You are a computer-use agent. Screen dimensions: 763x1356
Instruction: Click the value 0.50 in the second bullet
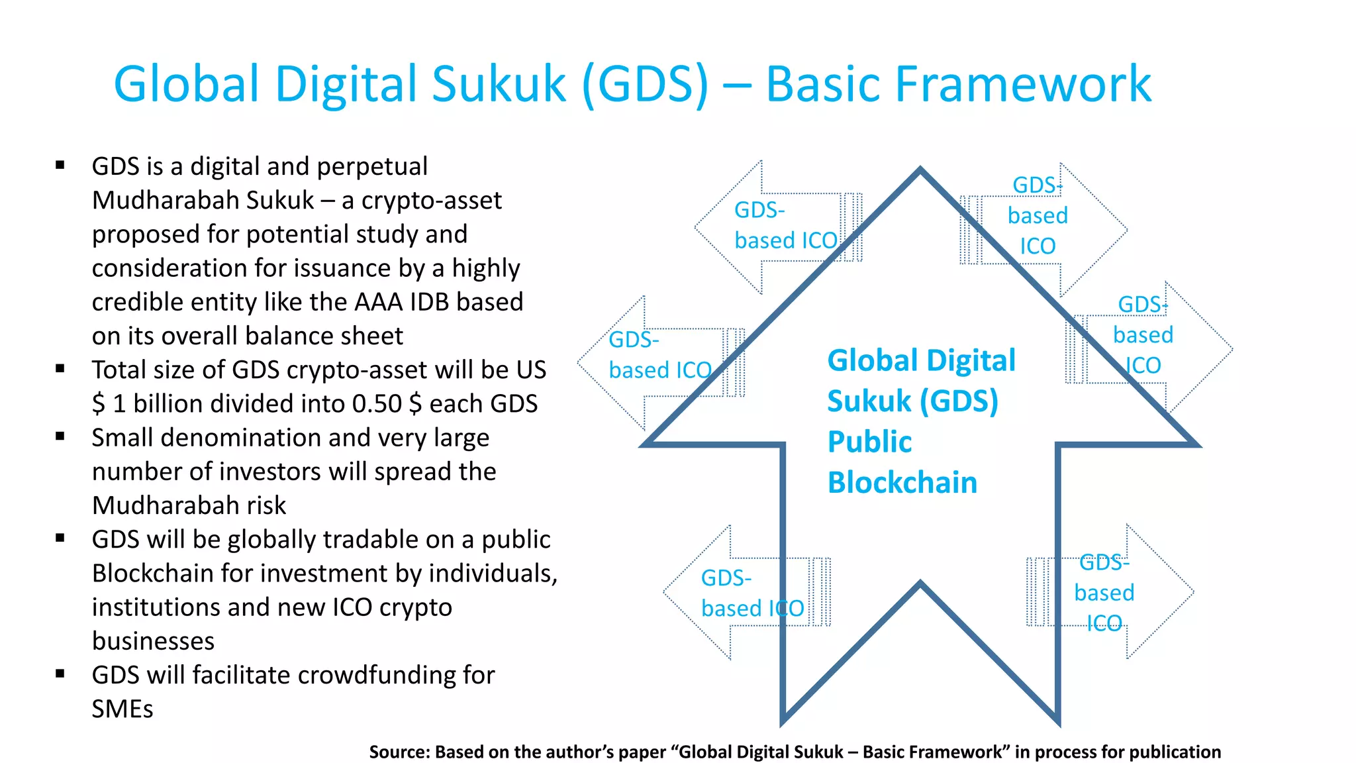(x=377, y=403)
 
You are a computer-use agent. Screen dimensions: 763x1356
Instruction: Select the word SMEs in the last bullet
(x=122, y=709)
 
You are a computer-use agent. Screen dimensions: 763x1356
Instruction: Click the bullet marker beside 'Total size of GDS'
(x=60, y=369)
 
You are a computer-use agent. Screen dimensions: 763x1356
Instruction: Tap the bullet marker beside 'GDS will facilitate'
(x=60, y=674)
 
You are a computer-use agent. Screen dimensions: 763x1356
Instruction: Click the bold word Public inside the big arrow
(x=869, y=442)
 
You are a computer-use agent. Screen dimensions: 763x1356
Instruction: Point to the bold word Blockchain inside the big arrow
(x=902, y=483)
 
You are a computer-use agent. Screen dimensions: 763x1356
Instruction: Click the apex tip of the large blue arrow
(x=920, y=170)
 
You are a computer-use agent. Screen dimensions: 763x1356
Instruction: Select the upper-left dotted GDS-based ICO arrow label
(x=785, y=226)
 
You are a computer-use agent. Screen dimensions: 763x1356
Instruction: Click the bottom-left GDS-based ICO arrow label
(x=752, y=593)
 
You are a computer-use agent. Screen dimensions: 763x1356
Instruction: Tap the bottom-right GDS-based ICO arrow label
(x=1104, y=593)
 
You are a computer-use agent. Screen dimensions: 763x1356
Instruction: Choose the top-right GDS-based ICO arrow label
(x=1038, y=216)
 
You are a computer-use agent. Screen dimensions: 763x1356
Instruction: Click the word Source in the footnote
(x=399, y=752)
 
